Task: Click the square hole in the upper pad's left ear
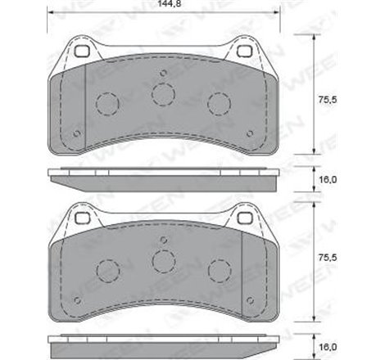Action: pyautogui.click(x=80, y=51)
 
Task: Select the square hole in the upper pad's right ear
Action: pyautogui.click(x=245, y=51)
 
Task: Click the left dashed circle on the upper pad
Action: pyautogui.click(x=107, y=104)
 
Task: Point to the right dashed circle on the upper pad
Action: pyautogui.click(x=219, y=104)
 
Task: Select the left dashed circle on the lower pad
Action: pyautogui.click(x=107, y=269)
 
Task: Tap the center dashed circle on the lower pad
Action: pyautogui.click(x=163, y=260)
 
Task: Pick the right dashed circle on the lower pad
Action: pyautogui.click(x=219, y=269)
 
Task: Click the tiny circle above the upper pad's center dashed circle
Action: pyautogui.click(x=163, y=74)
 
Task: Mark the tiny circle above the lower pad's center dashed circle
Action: pyautogui.click(x=163, y=240)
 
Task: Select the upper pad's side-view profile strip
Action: pyautogui.click(x=162, y=174)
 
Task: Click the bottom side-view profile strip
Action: pyautogui.click(x=162, y=340)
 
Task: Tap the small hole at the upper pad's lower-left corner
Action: pyautogui.click(x=76, y=132)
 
